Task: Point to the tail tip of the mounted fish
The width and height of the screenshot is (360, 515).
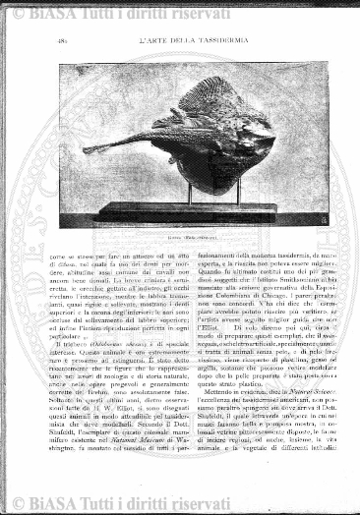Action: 88,149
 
